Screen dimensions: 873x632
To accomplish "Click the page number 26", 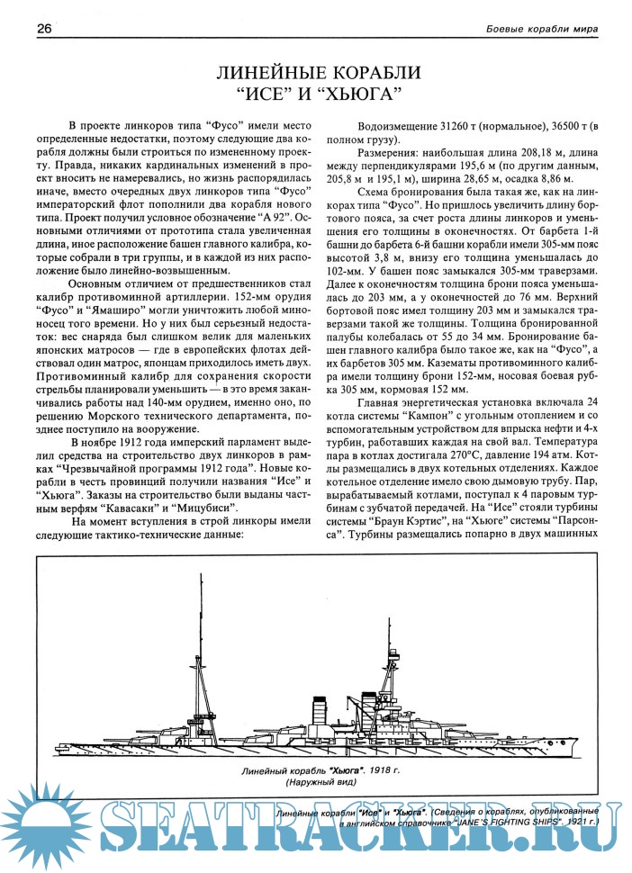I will click(x=43, y=29).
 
